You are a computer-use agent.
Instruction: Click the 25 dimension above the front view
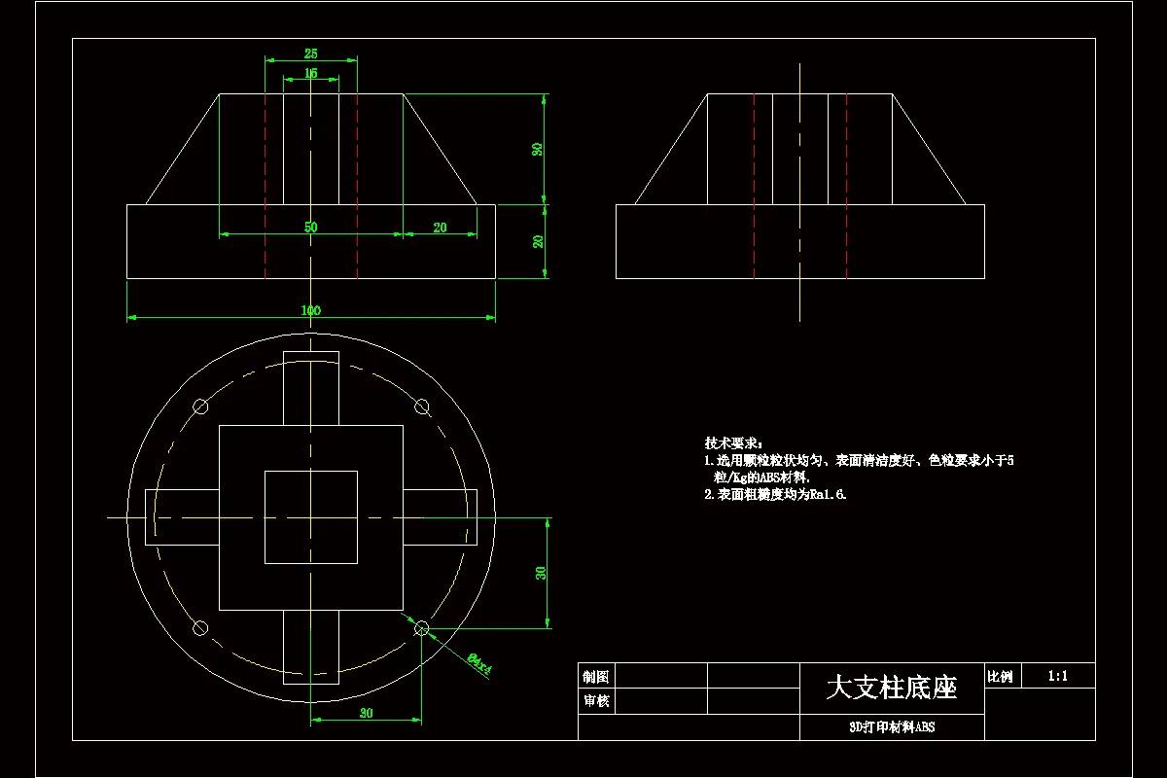311,53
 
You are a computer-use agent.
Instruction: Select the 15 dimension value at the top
311,73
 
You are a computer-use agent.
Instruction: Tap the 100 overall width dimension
310,310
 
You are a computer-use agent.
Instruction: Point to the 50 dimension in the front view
310,228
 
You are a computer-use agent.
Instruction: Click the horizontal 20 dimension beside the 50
440,228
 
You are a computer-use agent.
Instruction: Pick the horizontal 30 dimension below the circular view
366,714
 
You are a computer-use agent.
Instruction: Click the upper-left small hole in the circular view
201,407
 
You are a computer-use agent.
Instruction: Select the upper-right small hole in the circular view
421,407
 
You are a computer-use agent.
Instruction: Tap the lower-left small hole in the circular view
201,628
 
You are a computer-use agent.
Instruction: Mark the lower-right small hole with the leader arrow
421,629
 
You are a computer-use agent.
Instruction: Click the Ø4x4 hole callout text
480,663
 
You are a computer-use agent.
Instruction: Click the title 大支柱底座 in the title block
891,688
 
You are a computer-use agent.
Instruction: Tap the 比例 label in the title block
1000,676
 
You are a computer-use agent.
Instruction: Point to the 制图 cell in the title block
595,676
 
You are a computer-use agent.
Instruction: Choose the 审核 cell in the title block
595,701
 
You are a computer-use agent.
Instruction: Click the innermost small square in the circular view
310,516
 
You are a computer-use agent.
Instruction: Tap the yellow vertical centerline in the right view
799,194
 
